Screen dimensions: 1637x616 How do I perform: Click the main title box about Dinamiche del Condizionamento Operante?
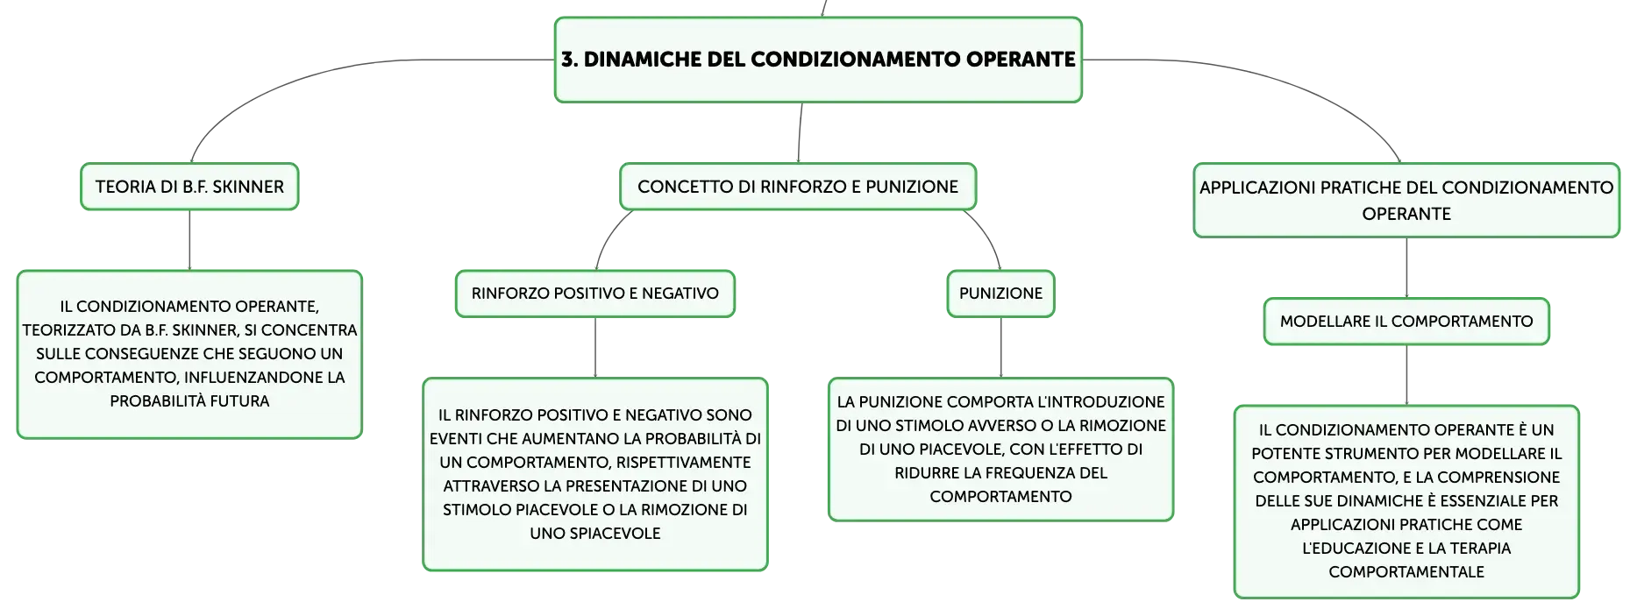tap(818, 60)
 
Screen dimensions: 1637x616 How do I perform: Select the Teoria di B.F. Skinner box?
tap(189, 187)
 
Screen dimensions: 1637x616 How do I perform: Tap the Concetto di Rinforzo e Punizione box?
tap(798, 187)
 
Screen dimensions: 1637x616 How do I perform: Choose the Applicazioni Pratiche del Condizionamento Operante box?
tap(1406, 200)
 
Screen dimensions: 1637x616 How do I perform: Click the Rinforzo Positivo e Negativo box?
tap(595, 294)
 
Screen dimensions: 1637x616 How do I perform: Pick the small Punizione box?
tap(1000, 294)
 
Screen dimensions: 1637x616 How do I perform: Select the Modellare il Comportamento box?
tap(1406, 322)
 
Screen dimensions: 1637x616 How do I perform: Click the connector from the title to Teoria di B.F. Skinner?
tap(298, 79)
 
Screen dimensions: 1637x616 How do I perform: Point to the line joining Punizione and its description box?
tap(1000, 347)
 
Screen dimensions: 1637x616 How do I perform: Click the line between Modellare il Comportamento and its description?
tap(1406, 375)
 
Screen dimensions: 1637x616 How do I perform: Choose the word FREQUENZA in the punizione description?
tap(1036, 473)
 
